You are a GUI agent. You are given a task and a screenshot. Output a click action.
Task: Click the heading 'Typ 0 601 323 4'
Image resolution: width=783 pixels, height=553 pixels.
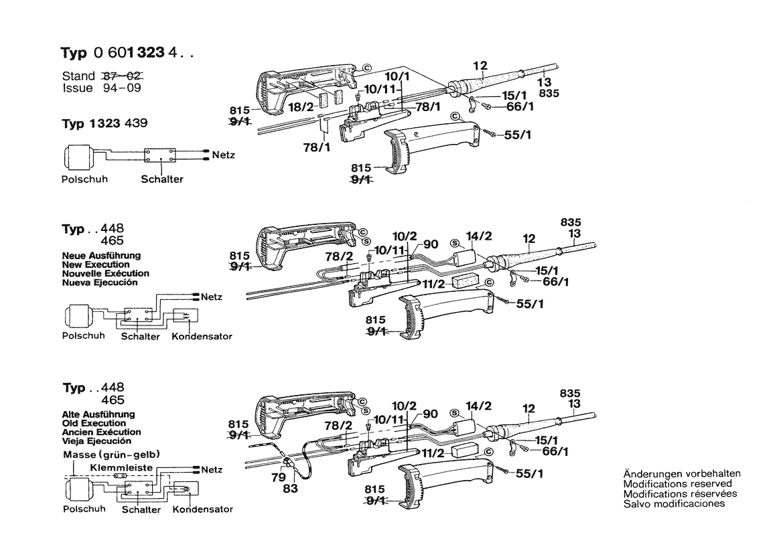point(127,54)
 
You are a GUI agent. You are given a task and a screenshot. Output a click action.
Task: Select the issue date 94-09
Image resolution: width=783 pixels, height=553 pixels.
point(121,88)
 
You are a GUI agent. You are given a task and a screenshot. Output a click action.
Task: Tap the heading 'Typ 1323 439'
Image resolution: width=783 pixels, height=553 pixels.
point(104,124)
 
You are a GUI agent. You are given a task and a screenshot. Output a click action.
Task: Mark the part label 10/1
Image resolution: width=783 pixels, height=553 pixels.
point(398,77)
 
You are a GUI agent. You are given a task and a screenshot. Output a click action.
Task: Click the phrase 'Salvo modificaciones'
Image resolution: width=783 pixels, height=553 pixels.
point(674,503)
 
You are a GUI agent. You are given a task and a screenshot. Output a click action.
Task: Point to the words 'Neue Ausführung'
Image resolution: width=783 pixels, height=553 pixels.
point(101,256)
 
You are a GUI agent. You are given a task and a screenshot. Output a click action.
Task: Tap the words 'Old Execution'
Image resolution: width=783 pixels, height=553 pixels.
point(94,423)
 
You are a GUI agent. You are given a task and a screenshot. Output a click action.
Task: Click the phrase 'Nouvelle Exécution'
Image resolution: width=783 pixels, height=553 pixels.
point(105,273)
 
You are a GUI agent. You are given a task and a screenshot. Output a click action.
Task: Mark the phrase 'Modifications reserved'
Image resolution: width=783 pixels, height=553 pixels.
point(677,483)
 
